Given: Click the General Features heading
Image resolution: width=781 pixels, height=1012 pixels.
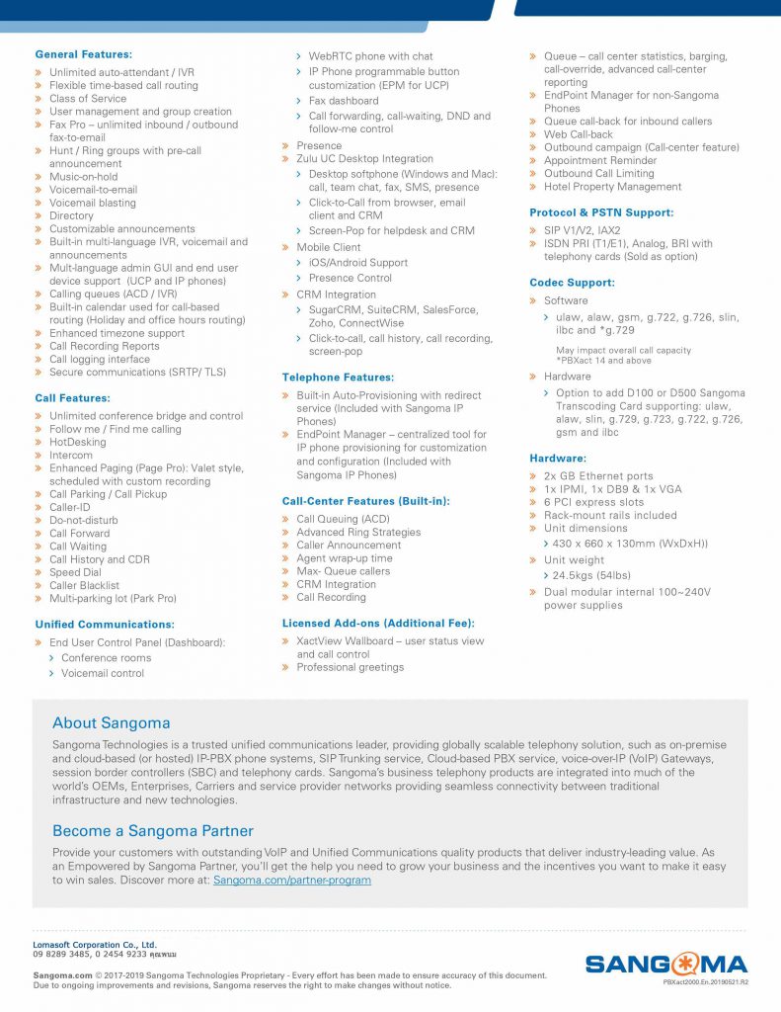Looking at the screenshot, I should (83, 54).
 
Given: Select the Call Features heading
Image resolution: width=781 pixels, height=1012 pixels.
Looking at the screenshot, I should (72, 397).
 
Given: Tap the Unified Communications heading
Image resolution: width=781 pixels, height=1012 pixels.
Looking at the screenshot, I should (105, 625).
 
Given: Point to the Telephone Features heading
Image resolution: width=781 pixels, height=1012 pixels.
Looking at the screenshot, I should (338, 378).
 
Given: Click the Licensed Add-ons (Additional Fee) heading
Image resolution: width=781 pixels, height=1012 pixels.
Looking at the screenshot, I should (378, 623).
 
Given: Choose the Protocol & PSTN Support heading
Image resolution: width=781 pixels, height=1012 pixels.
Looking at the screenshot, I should (601, 212).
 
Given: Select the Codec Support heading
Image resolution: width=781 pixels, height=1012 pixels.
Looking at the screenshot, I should (572, 283).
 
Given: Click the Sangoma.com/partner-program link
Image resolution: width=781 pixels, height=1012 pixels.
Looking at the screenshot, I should (292, 880).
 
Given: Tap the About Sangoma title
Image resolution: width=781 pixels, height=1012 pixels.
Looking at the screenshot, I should (112, 723).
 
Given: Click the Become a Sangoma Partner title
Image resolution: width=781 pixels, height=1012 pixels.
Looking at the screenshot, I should (153, 831).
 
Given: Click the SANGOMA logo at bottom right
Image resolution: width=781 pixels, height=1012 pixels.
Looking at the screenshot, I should (665, 964).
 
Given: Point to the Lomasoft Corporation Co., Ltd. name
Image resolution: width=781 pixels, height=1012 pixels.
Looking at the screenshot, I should (95, 945).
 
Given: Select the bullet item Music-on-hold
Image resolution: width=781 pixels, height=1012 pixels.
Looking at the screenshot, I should (83, 177).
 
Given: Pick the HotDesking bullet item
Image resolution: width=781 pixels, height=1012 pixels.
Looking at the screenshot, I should (77, 442).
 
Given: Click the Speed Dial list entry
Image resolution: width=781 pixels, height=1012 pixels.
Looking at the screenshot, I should (75, 572).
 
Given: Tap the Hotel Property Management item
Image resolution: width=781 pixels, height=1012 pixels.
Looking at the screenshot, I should (612, 187).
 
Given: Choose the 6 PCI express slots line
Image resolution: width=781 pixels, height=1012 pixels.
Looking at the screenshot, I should (593, 502).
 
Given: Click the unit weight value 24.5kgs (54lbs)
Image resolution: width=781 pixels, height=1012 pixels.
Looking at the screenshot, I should (591, 575).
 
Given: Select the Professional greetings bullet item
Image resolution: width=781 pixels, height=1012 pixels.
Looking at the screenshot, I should (350, 667).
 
